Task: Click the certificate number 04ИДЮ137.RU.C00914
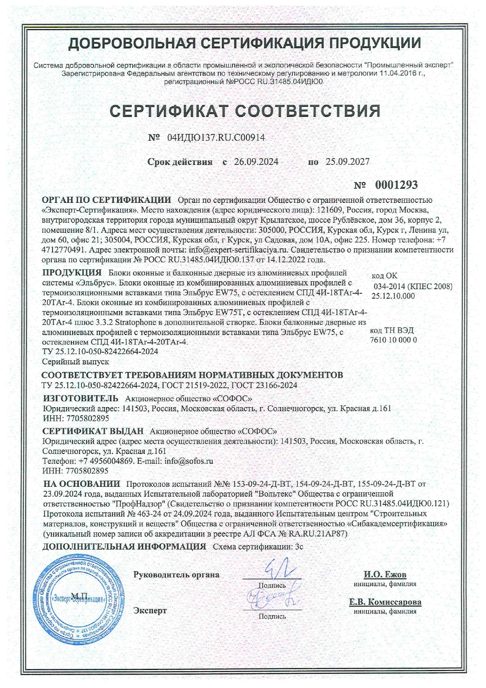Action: coord(216,138)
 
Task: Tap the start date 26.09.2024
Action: coord(256,162)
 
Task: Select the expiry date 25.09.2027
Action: coord(347,162)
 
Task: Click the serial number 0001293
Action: coord(396,185)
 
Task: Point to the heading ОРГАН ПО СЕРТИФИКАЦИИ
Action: coord(107,200)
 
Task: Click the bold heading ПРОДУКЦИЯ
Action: coord(72,273)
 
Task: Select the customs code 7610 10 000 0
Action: coord(393,340)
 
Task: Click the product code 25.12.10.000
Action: coord(393,296)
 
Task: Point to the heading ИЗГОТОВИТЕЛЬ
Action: coord(80,399)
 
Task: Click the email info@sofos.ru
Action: coord(189,461)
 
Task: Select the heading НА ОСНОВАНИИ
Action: coord(82,484)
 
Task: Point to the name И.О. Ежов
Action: coord(385,575)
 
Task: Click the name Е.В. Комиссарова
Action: coord(385,602)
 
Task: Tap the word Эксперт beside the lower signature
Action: coord(150,610)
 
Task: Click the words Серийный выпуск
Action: coord(75,361)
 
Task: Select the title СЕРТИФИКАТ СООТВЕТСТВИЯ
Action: coord(245,111)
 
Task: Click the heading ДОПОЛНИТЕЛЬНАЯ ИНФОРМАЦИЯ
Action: coord(124,546)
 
